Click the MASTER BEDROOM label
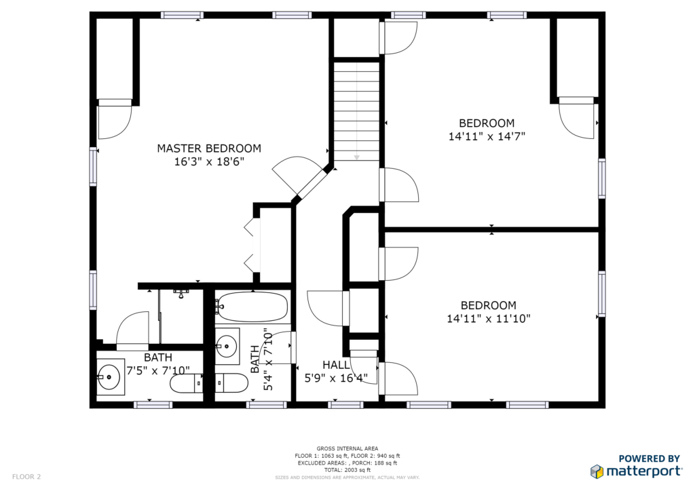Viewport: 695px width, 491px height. (x=209, y=149)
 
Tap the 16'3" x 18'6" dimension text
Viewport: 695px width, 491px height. (x=209, y=161)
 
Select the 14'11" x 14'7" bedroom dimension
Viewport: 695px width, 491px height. (x=487, y=136)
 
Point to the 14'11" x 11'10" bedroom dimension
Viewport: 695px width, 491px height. (x=489, y=318)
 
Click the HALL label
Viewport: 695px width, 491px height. (x=336, y=365)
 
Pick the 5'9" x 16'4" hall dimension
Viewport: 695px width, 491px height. (x=336, y=378)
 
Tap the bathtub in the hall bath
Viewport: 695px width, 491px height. (x=252, y=307)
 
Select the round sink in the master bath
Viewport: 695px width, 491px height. (x=109, y=377)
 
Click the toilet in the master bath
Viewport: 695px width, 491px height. (x=187, y=383)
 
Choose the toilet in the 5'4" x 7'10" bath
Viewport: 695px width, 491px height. (x=231, y=383)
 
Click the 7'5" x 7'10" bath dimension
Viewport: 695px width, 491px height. (x=158, y=370)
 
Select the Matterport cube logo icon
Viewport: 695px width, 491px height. (x=597, y=471)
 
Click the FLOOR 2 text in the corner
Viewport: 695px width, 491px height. (x=26, y=477)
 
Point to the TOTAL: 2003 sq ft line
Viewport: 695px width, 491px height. (x=347, y=470)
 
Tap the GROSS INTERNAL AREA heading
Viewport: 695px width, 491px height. (x=347, y=448)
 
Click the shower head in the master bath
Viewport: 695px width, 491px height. (x=181, y=294)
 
